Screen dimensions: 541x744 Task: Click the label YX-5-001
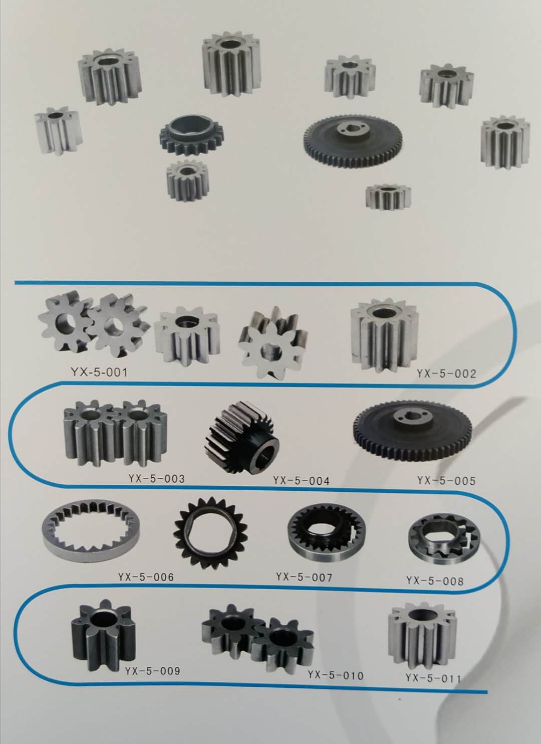pos(99,373)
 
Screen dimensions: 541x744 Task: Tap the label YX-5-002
pos(446,374)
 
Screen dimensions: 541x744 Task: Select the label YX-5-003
pos(156,479)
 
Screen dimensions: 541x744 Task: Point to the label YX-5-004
pos(302,481)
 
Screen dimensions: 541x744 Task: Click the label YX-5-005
pos(446,481)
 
